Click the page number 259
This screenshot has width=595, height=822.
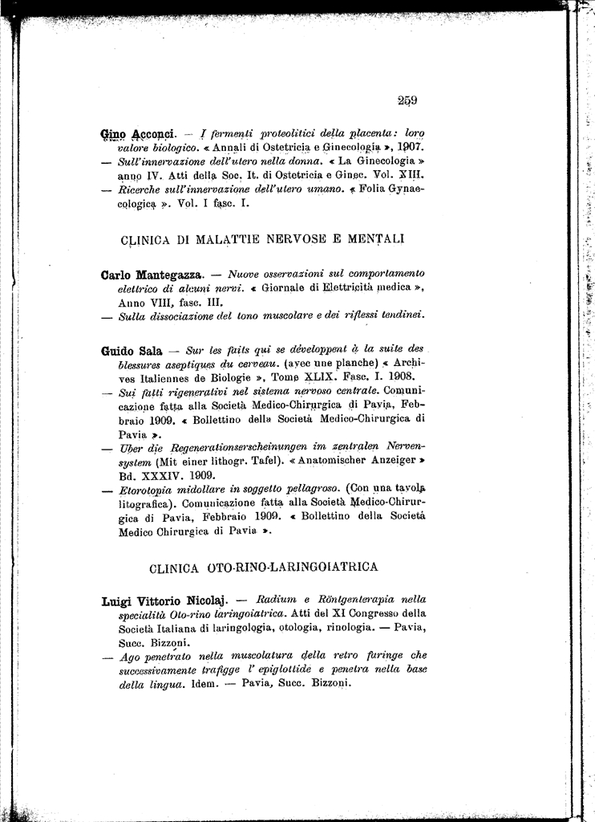coord(407,100)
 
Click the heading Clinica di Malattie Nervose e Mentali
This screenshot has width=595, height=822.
coord(262,238)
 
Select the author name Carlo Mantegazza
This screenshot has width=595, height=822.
coord(153,275)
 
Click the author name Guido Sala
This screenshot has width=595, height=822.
coord(132,351)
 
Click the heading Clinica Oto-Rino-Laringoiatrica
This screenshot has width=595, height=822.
coord(264,568)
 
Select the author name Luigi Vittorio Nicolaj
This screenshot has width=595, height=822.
coord(166,600)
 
